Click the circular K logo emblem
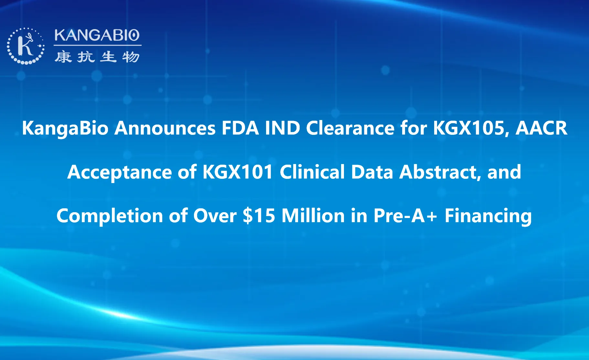(26, 46)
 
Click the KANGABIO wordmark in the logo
(97, 35)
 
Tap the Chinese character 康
(63, 57)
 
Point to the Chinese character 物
(131, 57)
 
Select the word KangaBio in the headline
(65, 128)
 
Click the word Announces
(165, 128)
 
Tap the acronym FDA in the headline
(240, 128)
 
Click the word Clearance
(350, 128)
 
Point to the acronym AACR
(541, 128)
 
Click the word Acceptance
(120, 172)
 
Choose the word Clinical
(312, 172)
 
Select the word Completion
(110, 216)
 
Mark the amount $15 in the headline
(259, 216)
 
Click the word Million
(313, 216)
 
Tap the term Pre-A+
(405, 216)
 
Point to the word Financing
(488, 216)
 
